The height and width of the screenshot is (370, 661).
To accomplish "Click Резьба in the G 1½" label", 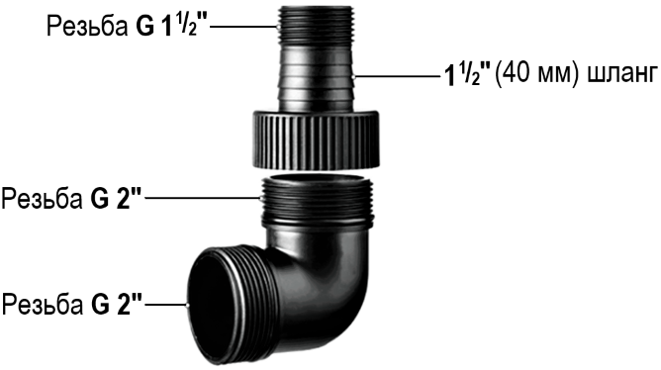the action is point(87,27).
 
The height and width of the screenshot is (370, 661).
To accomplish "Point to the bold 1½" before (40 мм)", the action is point(467,75).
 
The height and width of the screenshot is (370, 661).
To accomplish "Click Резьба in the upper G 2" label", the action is point(42,198).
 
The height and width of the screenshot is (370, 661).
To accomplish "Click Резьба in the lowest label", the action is point(43,304).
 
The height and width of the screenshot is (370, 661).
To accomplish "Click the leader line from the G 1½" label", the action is point(243,27).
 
